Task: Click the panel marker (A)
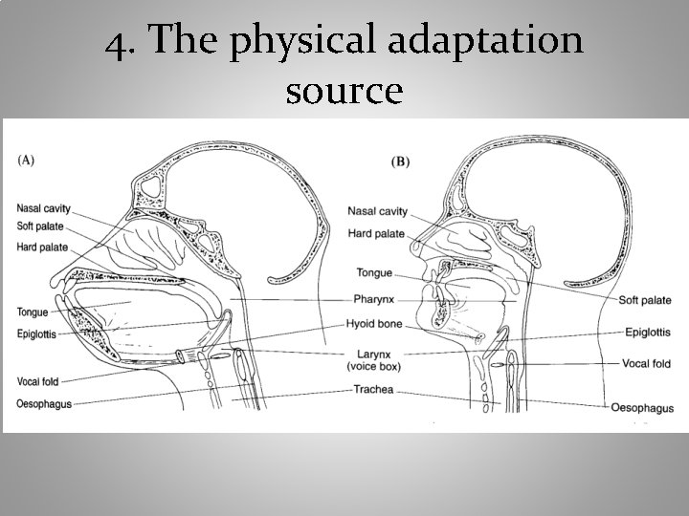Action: click(x=27, y=160)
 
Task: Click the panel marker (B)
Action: click(x=400, y=162)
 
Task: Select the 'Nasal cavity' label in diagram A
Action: click(x=43, y=208)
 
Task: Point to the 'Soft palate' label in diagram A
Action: click(x=42, y=226)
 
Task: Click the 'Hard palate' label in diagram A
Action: click(x=42, y=247)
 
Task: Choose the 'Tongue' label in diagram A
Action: click(x=33, y=312)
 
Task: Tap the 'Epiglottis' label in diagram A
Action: click(x=37, y=334)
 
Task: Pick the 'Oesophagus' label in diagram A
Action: click(x=44, y=403)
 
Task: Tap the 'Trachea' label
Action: click(x=374, y=390)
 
